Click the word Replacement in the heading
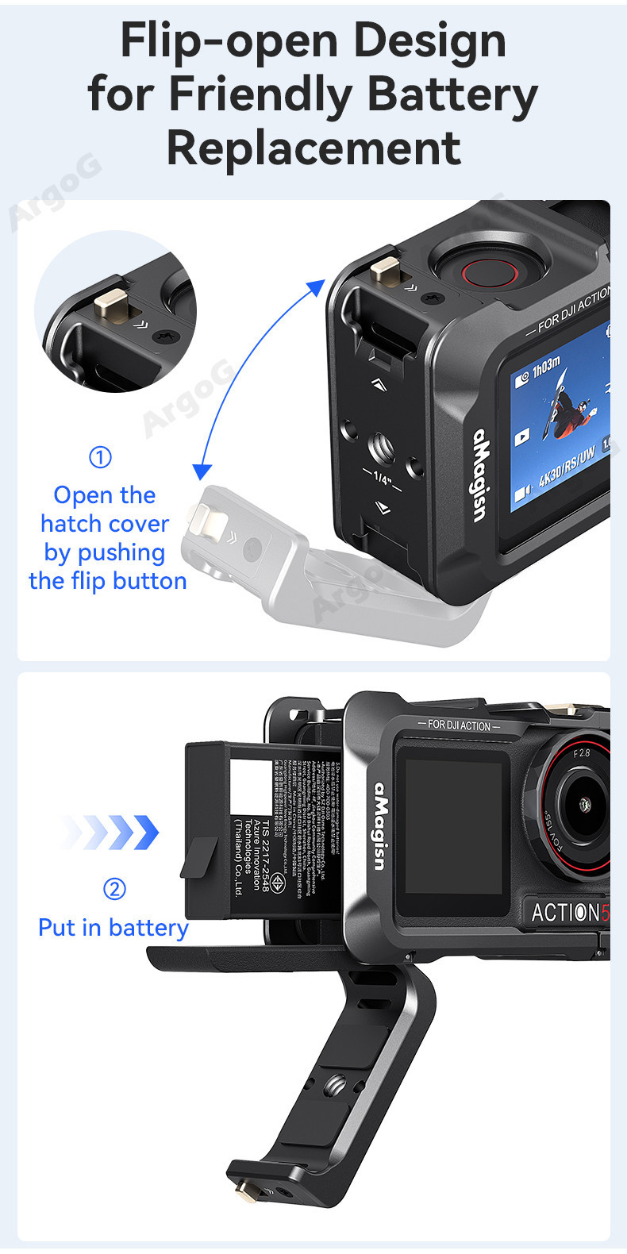point(313,148)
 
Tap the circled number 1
point(100,457)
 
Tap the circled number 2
point(114,888)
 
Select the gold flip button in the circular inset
point(110,306)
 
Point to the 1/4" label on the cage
point(383,479)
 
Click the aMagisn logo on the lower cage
point(382,825)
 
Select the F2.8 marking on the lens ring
point(582,752)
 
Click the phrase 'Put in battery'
point(113,928)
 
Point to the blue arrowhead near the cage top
point(317,287)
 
